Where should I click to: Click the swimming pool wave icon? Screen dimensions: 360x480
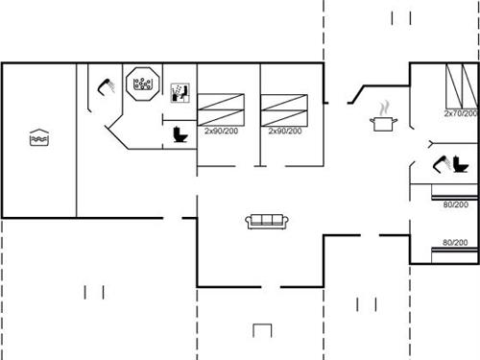click(x=38, y=137)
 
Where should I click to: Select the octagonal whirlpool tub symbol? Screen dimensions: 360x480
click(x=143, y=83)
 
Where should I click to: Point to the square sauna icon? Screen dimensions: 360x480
click(x=180, y=92)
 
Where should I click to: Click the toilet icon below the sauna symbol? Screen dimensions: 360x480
click(x=180, y=135)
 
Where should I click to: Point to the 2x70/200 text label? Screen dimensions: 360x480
click(x=461, y=113)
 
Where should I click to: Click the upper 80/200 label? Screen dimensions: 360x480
click(x=455, y=204)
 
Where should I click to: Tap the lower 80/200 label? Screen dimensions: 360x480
click(x=455, y=243)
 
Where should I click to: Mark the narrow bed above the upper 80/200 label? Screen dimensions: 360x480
click(x=452, y=196)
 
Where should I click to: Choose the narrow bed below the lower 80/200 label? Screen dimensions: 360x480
click(x=452, y=252)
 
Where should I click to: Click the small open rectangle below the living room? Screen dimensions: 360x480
click(x=263, y=331)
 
